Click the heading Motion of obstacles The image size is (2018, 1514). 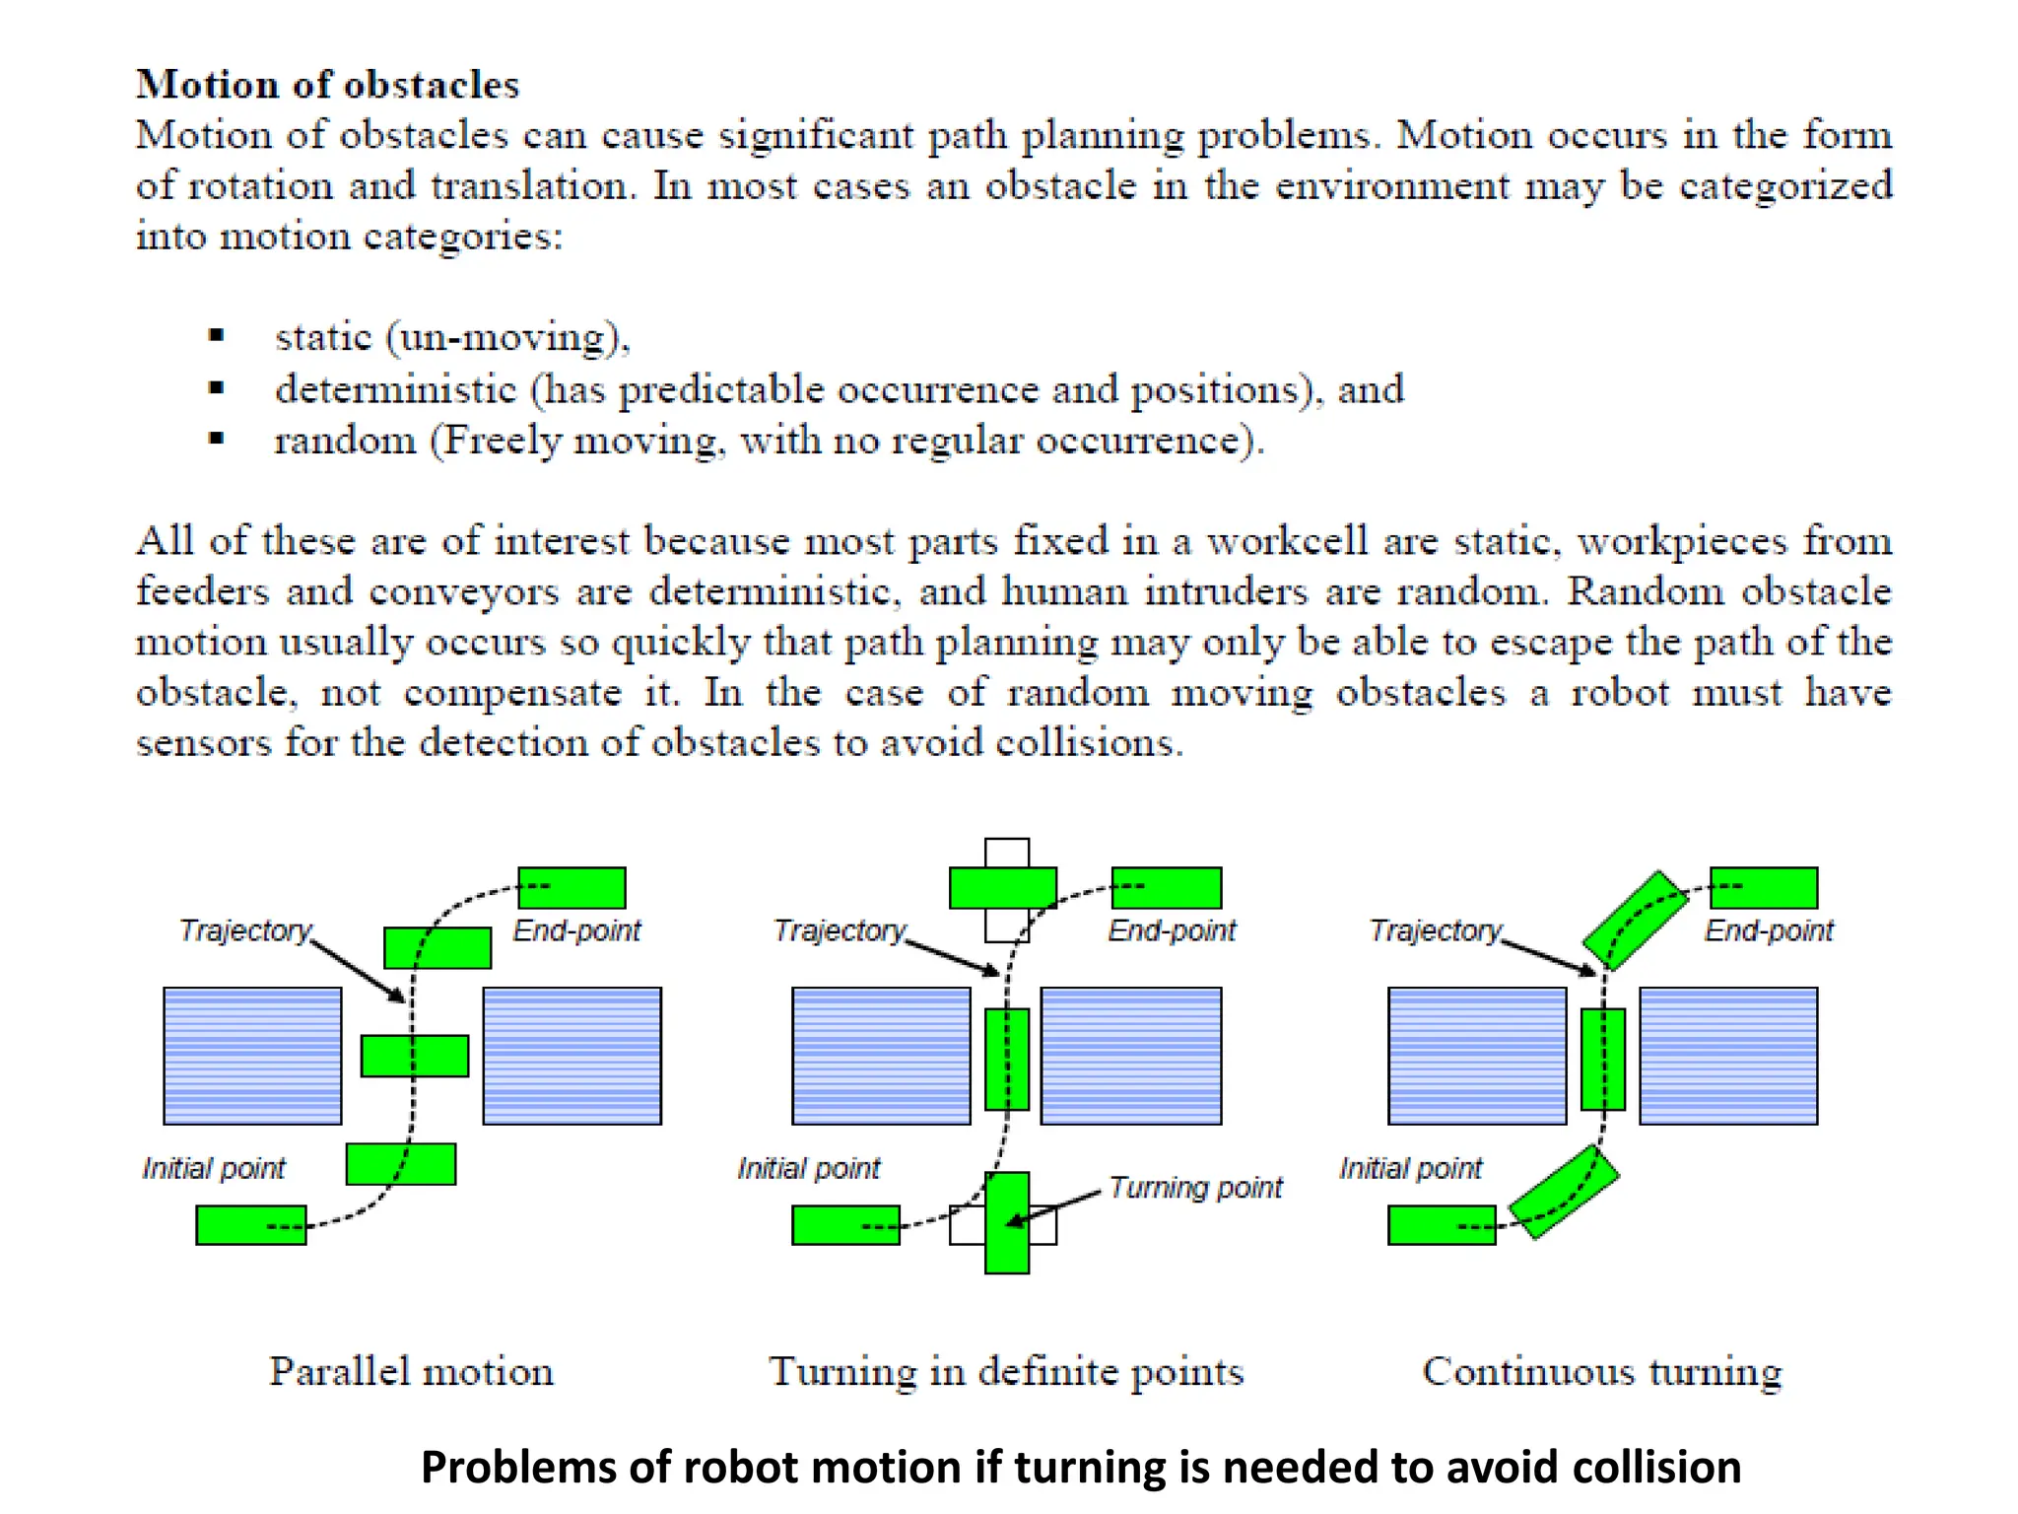point(327,85)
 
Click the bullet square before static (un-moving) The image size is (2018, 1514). point(217,336)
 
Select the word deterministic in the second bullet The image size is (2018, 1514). point(395,389)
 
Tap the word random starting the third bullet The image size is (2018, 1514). point(345,441)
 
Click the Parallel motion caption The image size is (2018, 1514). point(411,1371)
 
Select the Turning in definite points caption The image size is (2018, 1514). point(1006,1371)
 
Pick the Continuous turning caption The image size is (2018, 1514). point(1602,1371)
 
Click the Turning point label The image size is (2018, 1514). point(1195,1187)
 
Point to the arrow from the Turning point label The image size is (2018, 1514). point(1054,1208)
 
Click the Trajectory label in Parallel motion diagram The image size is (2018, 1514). point(244,930)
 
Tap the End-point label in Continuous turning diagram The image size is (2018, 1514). point(1769,930)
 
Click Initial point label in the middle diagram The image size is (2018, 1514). point(808,1168)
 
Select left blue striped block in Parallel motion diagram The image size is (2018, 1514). point(252,1056)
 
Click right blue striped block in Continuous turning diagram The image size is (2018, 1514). point(1728,1056)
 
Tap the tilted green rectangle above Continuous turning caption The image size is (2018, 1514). point(1564,1193)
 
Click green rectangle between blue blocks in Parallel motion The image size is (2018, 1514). point(414,1056)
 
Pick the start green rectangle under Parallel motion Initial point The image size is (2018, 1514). point(250,1225)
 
